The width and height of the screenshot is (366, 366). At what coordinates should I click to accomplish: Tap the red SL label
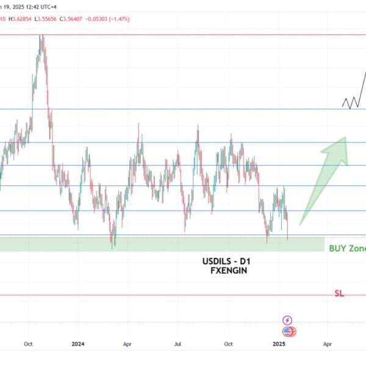click(x=339, y=293)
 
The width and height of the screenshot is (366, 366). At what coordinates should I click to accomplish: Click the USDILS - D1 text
click(x=227, y=262)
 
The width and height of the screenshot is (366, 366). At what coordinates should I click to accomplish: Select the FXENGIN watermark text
click(x=227, y=271)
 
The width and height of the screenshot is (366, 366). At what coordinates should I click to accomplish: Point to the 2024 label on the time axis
click(x=78, y=344)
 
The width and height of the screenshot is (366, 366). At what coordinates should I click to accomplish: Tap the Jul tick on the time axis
click(x=179, y=344)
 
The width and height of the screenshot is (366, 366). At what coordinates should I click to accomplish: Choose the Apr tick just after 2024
click(x=128, y=344)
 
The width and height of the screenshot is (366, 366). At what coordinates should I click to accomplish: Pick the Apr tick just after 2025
click(x=328, y=344)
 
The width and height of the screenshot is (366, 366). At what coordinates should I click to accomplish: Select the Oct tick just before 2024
click(x=28, y=344)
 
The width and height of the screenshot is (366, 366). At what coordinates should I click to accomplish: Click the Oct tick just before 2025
click(x=229, y=344)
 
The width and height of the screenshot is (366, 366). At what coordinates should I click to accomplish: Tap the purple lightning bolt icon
click(x=287, y=320)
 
